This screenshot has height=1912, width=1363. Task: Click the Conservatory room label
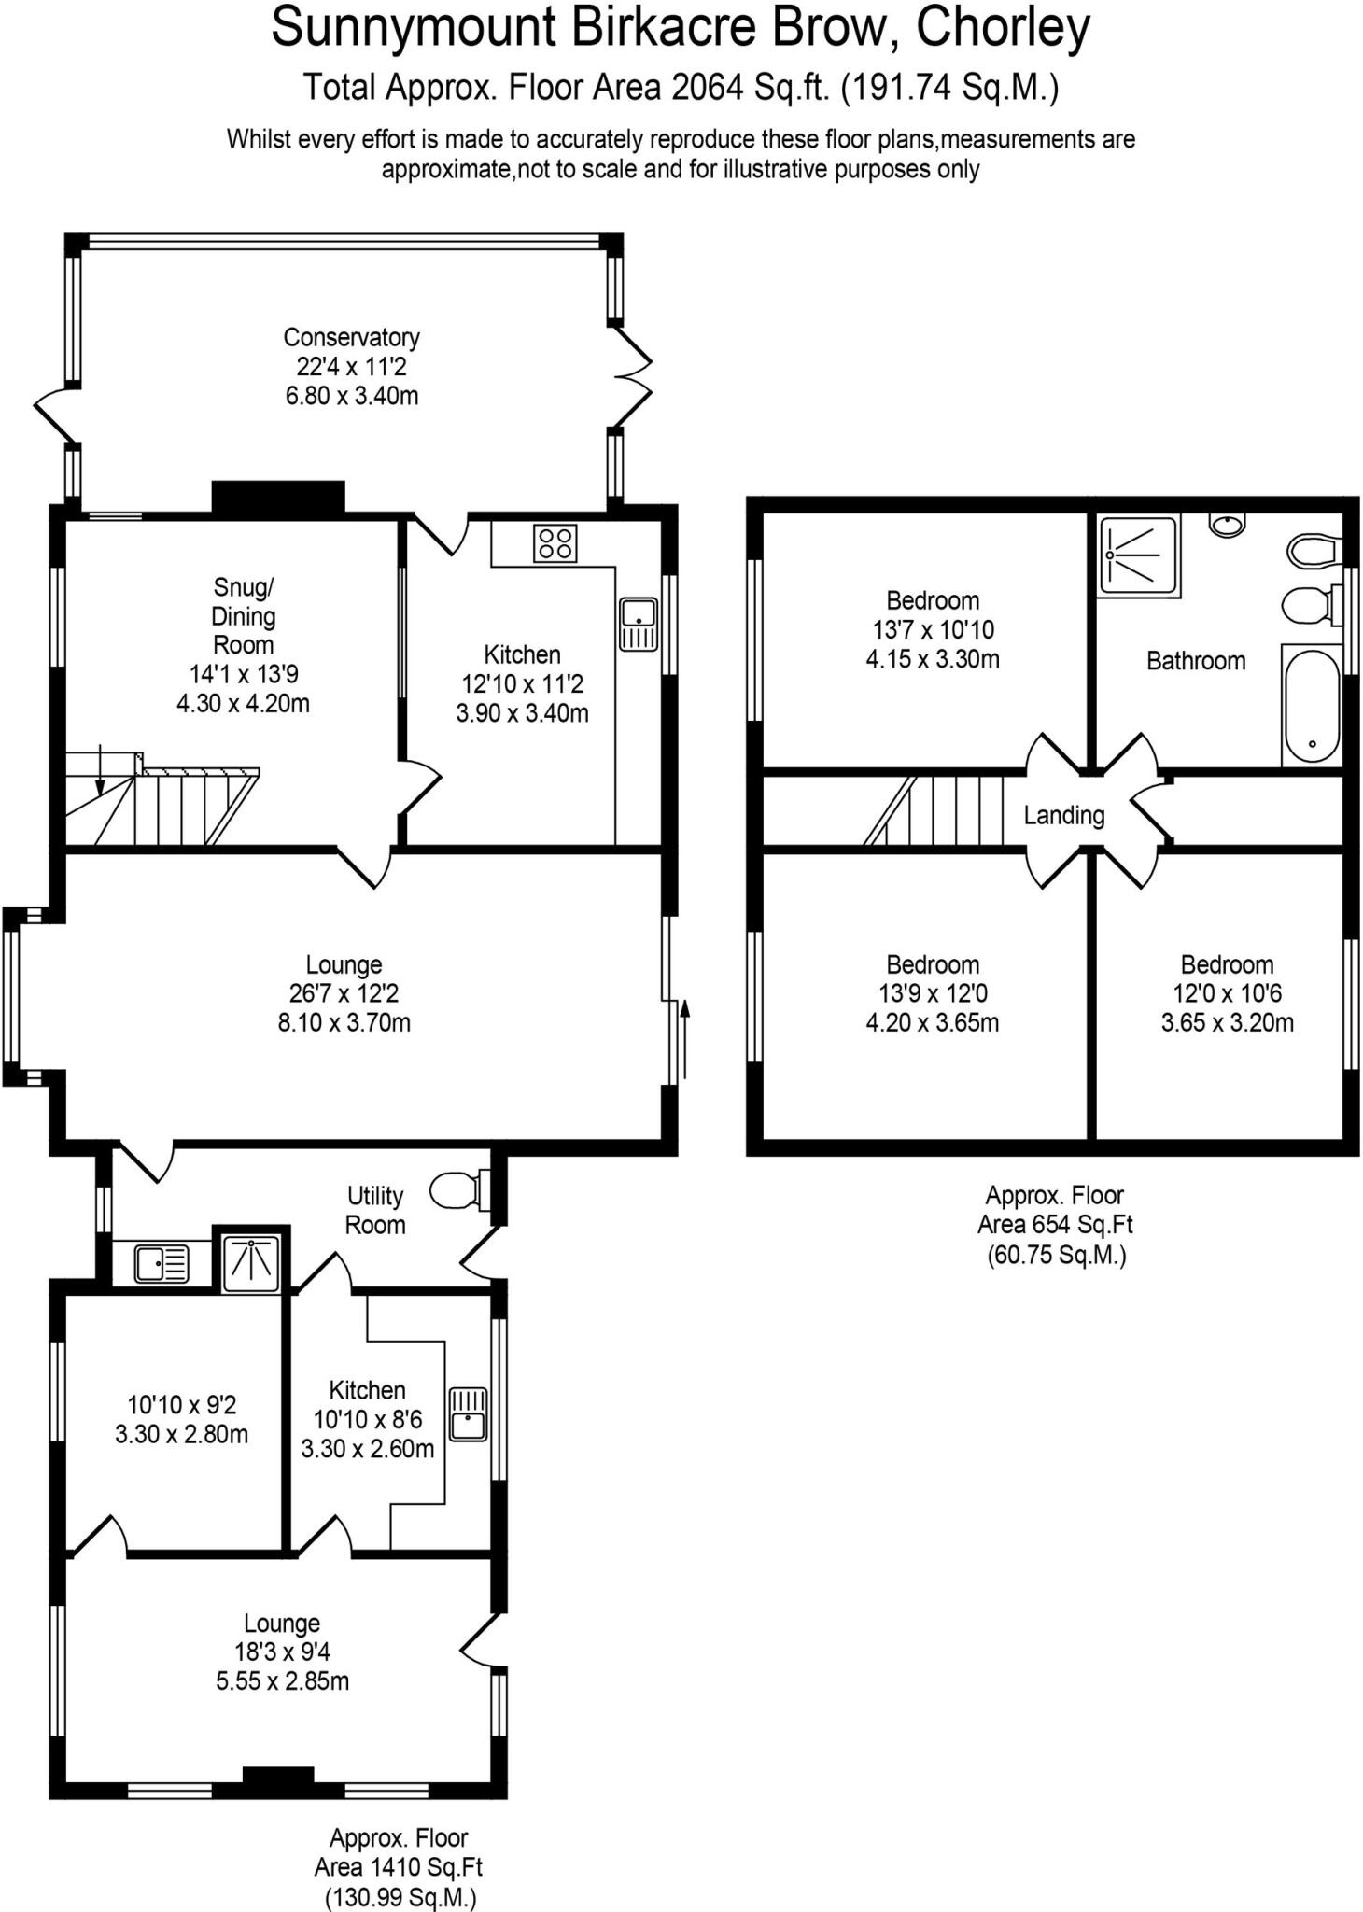click(x=351, y=337)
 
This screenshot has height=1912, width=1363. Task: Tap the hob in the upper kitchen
click(x=555, y=543)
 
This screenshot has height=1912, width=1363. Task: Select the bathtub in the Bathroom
click(x=1312, y=704)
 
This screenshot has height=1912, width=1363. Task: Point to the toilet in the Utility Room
click(x=457, y=1190)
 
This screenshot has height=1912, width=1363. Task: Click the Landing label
click(x=1063, y=816)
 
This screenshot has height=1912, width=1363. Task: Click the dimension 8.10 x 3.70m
click(x=344, y=1022)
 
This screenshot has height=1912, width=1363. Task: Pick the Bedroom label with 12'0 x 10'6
click(x=1226, y=964)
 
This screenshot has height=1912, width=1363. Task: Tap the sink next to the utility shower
click(x=161, y=1265)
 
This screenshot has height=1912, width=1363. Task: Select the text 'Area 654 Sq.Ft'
click(x=1055, y=1224)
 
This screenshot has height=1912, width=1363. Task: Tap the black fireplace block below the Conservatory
click(x=278, y=496)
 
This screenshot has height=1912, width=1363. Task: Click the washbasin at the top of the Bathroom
click(x=1226, y=525)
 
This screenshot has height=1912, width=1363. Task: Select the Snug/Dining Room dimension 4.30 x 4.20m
click(x=243, y=703)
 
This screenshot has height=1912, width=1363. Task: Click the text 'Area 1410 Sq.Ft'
click(x=399, y=1867)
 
